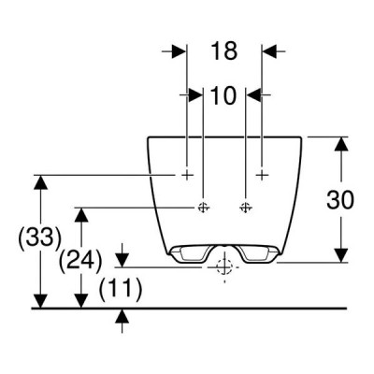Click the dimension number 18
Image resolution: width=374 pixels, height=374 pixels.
point(224,50)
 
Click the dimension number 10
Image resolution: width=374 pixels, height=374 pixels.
point(223,95)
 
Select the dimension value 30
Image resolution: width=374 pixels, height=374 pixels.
point(340,200)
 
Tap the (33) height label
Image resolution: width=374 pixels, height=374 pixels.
point(39,238)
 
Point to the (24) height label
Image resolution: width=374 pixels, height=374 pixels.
point(80,260)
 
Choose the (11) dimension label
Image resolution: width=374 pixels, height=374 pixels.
point(121,289)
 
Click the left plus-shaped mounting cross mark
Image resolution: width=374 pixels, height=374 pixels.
point(187,175)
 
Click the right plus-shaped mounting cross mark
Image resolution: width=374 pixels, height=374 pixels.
point(262,175)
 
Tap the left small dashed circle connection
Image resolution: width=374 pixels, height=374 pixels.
point(203,207)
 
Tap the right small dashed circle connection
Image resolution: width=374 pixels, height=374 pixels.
point(246,207)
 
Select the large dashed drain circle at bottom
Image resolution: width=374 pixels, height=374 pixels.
point(224,266)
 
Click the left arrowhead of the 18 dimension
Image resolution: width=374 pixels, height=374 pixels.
point(179,51)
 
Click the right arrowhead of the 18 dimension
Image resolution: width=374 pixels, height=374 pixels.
point(269,51)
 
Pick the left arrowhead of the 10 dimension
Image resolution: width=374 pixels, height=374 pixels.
point(195,94)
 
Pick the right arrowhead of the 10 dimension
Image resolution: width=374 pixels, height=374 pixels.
point(253,94)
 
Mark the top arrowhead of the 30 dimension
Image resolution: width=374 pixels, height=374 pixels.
point(342,144)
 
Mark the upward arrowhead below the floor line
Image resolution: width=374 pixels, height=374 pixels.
point(122,315)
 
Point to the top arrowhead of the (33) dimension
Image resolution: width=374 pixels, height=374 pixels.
point(41,182)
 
